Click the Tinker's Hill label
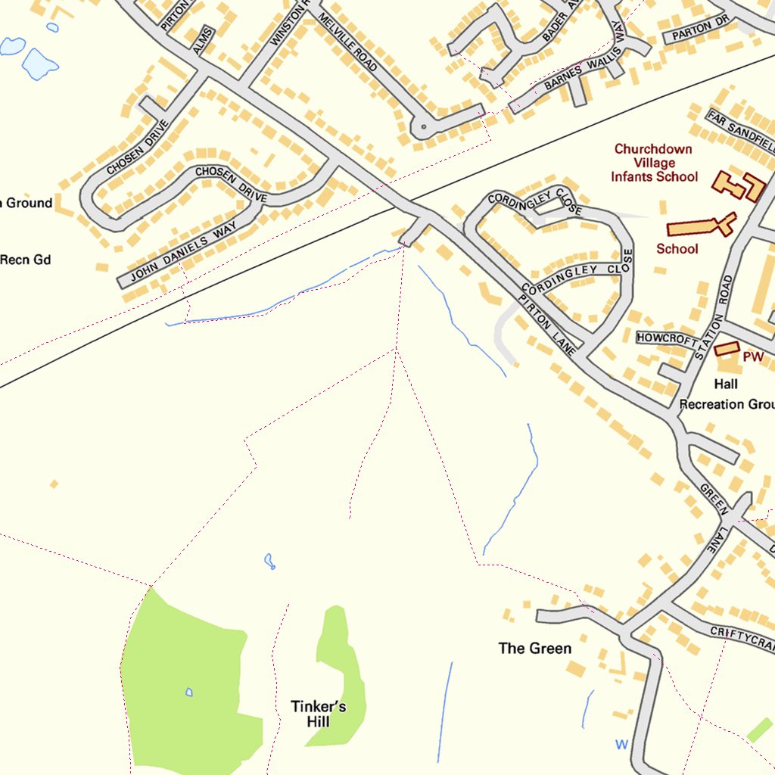[x=319, y=714]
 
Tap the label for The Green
[x=534, y=648]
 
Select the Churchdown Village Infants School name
[x=654, y=163]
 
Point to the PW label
[x=752, y=356]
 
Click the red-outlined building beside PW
[x=727, y=348]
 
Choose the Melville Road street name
[x=349, y=45]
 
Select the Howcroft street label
[x=666, y=338]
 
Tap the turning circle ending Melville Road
[x=423, y=127]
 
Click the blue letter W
[x=621, y=745]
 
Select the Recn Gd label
[x=25, y=260]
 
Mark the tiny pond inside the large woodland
[x=188, y=692]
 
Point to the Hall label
[x=725, y=384]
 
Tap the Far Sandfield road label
[x=740, y=129]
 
